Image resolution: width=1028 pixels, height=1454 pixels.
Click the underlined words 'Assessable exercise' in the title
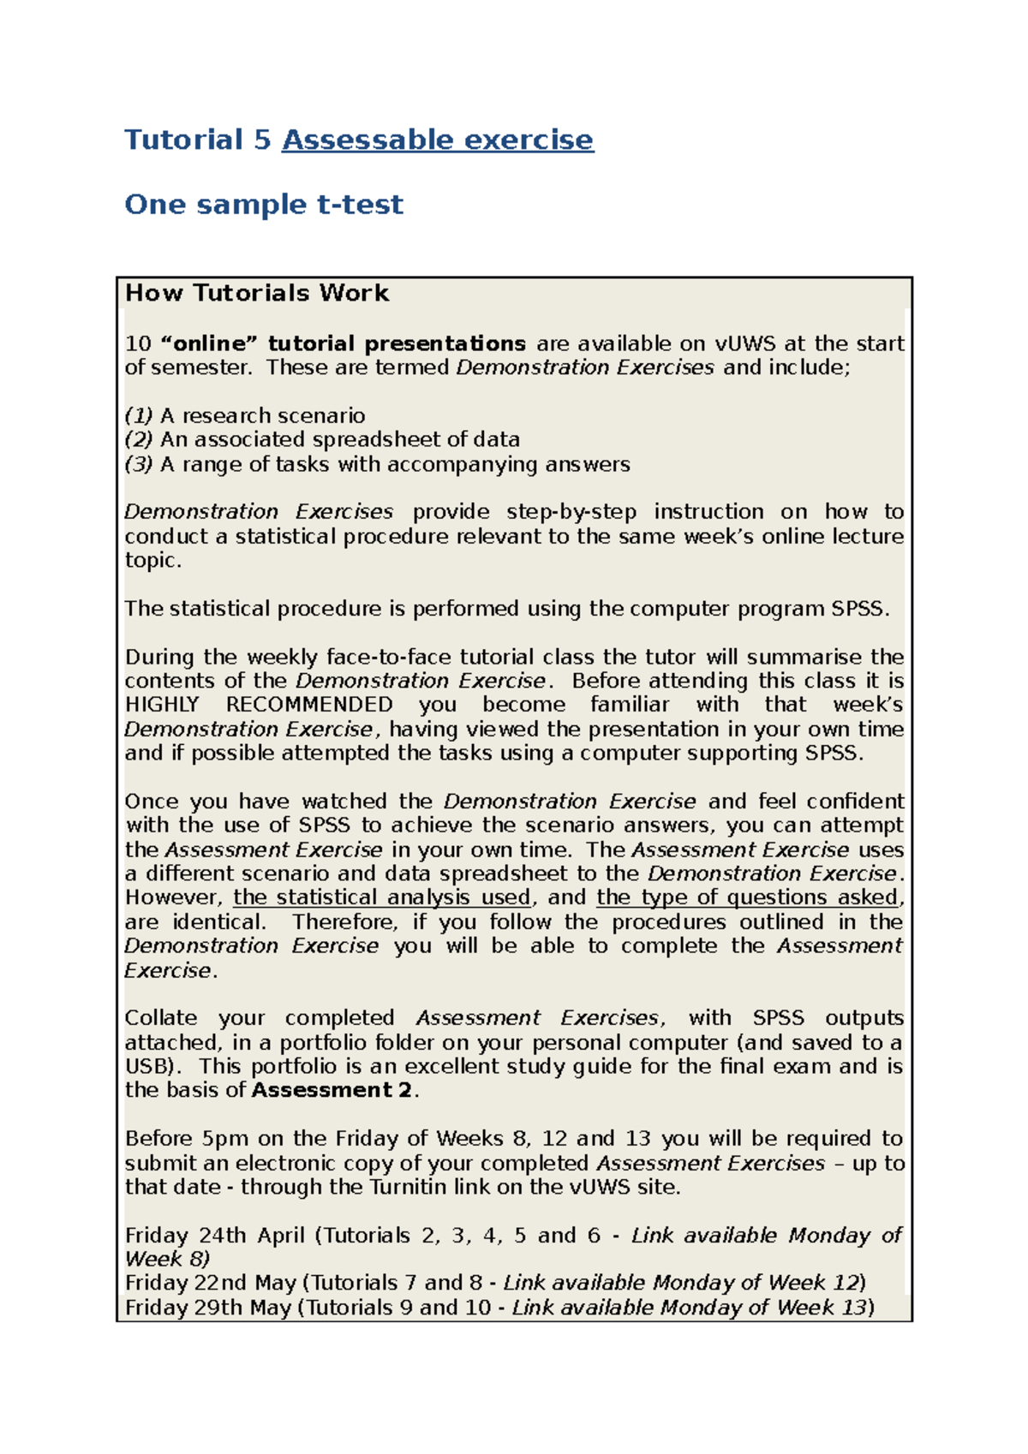coord(437,140)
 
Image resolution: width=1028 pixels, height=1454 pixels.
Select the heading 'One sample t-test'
coord(264,204)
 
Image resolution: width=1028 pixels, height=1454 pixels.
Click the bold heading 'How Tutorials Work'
coord(257,293)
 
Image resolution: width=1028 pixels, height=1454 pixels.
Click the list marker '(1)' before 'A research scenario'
coord(139,415)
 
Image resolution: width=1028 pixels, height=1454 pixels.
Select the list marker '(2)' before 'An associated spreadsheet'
coord(139,439)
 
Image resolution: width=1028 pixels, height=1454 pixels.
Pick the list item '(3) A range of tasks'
coord(377,464)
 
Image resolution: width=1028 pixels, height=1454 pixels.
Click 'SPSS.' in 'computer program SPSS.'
coord(860,609)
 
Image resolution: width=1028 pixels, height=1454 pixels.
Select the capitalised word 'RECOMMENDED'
coord(309,705)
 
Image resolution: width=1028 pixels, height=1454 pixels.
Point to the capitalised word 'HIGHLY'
coord(162,705)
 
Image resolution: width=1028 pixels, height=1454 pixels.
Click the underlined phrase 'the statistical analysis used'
coord(382,897)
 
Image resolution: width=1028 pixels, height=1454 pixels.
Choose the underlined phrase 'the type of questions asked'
coord(747,897)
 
